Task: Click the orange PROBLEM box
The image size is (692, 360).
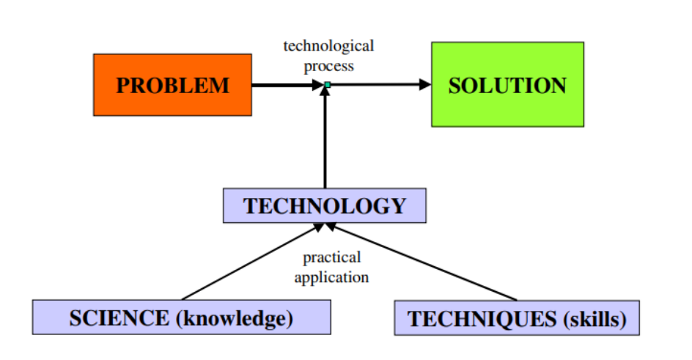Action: pyautogui.click(x=172, y=85)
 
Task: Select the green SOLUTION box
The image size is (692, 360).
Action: pyautogui.click(x=507, y=84)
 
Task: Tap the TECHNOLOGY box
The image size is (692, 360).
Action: pyautogui.click(x=325, y=205)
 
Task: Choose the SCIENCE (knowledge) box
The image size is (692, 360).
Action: pyautogui.click(x=181, y=317)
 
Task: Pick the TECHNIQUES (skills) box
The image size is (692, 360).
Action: pyautogui.click(x=517, y=318)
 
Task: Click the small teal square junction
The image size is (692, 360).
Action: pyautogui.click(x=328, y=84)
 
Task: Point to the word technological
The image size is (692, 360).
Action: pyautogui.click(x=329, y=45)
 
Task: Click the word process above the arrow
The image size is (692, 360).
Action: pyautogui.click(x=329, y=66)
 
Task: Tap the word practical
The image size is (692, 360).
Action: pyautogui.click(x=332, y=257)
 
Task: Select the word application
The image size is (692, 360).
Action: pyautogui.click(x=331, y=277)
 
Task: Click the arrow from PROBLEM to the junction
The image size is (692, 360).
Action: pyautogui.click(x=288, y=85)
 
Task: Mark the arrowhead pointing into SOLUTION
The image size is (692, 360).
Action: pyautogui.click(x=425, y=84)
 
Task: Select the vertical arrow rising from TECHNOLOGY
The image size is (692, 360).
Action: pyautogui.click(x=325, y=138)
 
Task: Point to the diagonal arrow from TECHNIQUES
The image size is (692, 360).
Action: pyautogui.click(x=421, y=262)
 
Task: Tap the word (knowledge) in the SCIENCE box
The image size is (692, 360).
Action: pyautogui.click(x=235, y=318)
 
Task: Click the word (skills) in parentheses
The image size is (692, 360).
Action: pyautogui.click(x=595, y=320)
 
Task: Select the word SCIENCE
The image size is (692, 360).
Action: pyautogui.click(x=119, y=318)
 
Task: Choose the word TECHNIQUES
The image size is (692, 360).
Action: pyautogui.click(x=482, y=319)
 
